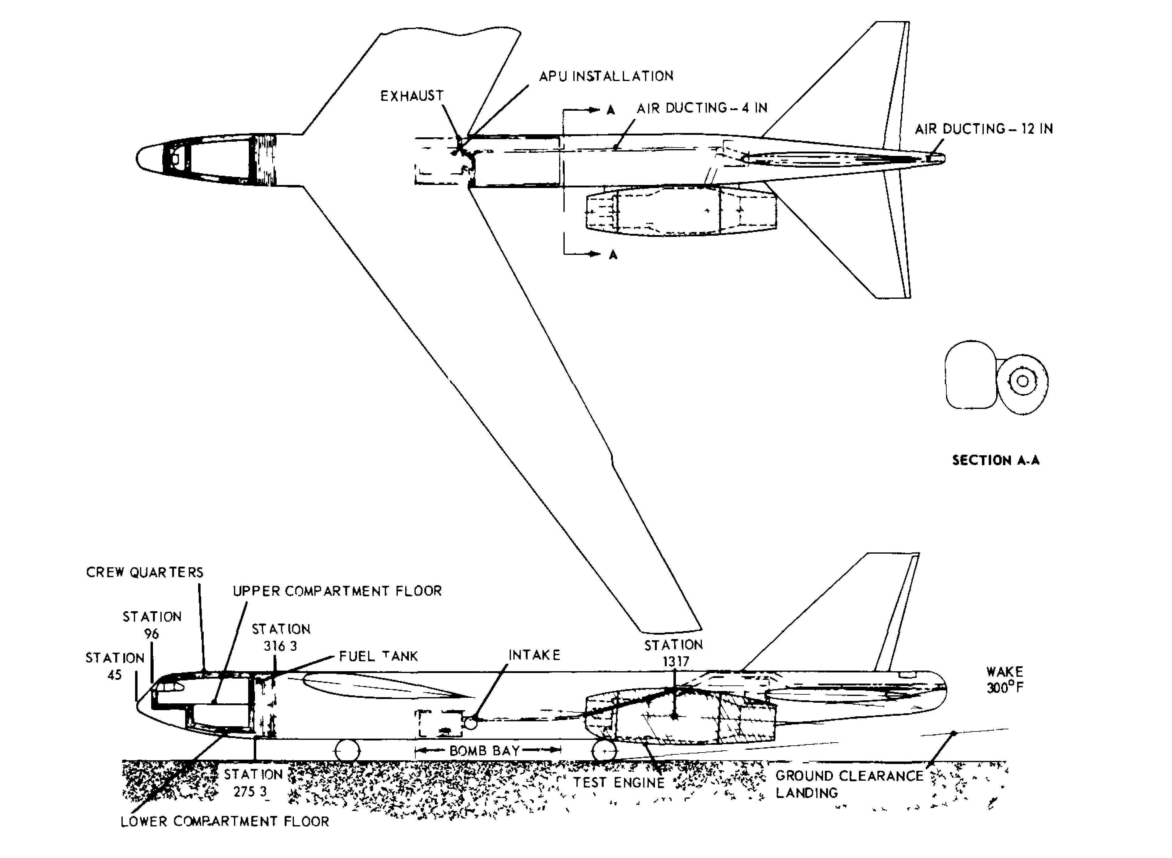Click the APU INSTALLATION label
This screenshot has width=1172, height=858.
tap(606, 76)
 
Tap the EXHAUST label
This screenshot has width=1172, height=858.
tap(412, 96)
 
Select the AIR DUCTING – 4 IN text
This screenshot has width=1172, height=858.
tap(702, 108)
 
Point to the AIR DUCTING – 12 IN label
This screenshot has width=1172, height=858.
tap(983, 129)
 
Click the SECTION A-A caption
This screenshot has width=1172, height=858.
tap(996, 460)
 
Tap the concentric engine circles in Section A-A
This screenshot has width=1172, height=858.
tap(1022, 381)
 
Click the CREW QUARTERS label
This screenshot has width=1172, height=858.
tap(144, 572)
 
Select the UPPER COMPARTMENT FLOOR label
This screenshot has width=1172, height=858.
tap(337, 591)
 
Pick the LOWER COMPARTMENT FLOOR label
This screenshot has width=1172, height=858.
tap(225, 822)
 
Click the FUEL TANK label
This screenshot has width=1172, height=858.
tap(378, 656)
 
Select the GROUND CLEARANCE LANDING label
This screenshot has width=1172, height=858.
tap(849, 784)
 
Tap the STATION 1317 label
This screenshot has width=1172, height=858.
tap(674, 653)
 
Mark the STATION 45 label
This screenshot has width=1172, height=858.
tap(115, 666)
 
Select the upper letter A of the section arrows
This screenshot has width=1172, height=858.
tap(611, 110)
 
